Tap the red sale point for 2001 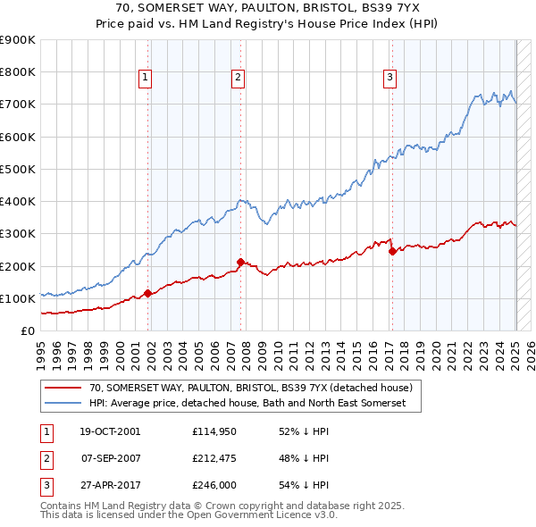tap(147, 294)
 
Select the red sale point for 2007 tap(240, 262)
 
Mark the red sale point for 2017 tap(392, 251)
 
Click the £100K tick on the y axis tap(17, 298)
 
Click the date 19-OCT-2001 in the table tap(111, 431)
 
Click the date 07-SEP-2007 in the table tap(111, 460)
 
